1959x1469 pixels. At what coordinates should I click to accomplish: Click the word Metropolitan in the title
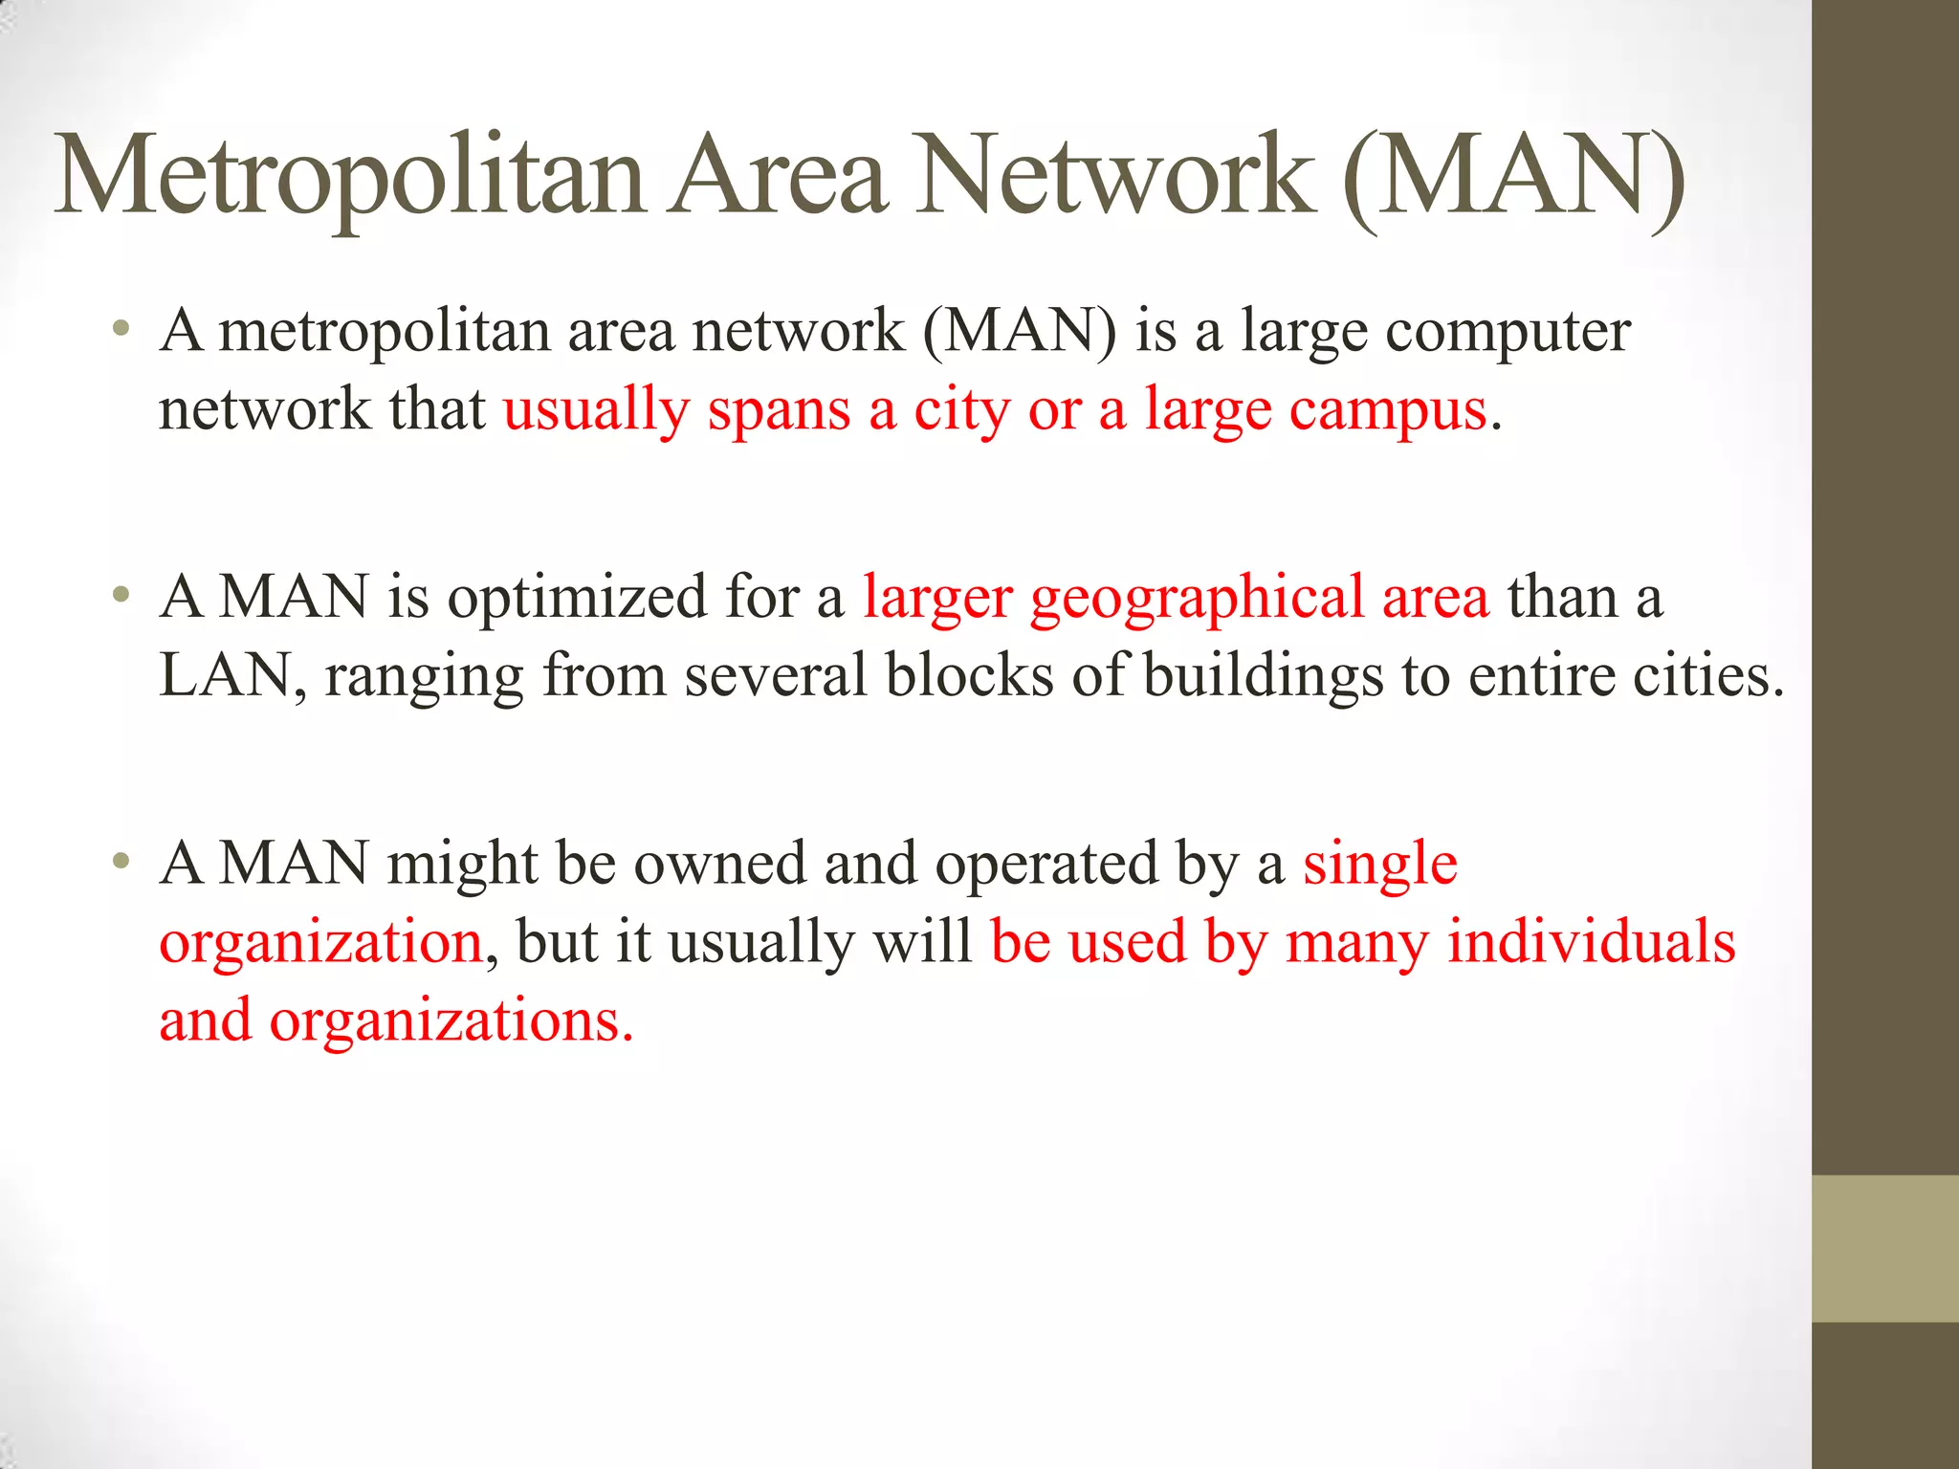pyautogui.click(x=349, y=177)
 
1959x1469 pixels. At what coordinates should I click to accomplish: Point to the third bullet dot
pyautogui.click(x=120, y=863)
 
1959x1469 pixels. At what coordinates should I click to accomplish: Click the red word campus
pyautogui.click(x=1387, y=411)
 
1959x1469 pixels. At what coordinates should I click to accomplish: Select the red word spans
pyautogui.click(x=779, y=411)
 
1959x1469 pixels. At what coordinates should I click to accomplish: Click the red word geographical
pyautogui.click(x=1197, y=599)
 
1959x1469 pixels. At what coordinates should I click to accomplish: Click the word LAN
pyautogui.click(x=226, y=675)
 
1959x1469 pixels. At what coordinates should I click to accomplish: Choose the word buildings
pyautogui.click(x=1263, y=677)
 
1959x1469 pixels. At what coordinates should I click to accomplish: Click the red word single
pyautogui.click(x=1379, y=865)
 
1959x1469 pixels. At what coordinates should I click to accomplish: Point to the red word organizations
pyautogui.click(x=451, y=1021)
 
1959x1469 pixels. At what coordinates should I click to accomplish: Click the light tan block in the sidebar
pyautogui.click(x=1884, y=1248)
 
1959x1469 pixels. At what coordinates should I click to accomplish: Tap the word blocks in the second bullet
pyautogui.click(x=968, y=675)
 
